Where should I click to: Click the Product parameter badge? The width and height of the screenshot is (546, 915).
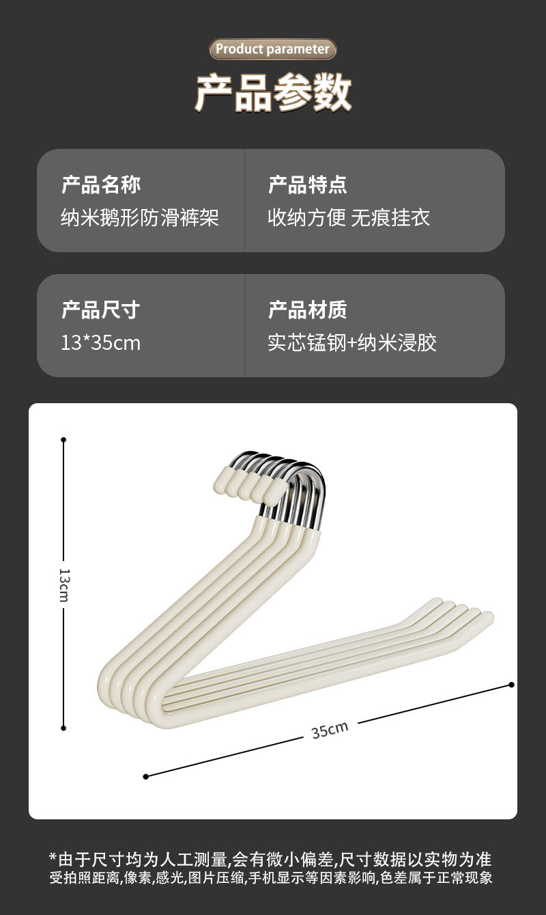(x=273, y=49)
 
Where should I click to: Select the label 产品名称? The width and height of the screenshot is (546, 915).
(x=101, y=185)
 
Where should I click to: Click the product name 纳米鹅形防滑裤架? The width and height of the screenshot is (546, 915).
(x=140, y=218)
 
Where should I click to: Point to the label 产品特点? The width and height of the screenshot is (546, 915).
(x=308, y=185)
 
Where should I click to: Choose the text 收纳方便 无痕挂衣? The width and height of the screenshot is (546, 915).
(x=349, y=218)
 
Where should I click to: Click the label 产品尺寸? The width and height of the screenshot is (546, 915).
(x=100, y=310)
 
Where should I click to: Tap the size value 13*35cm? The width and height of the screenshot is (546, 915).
(x=100, y=342)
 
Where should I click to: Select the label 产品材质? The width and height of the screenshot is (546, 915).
(x=308, y=310)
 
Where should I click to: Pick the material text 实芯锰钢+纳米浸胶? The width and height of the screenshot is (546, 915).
(x=352, y=342)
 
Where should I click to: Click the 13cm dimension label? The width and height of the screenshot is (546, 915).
(x=63, y=584)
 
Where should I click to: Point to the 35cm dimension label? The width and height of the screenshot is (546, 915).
(x=330, y=730)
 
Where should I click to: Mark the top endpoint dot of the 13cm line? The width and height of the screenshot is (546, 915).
(x=63, y=440)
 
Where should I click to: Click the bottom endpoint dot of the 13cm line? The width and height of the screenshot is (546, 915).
(x=63, y=728)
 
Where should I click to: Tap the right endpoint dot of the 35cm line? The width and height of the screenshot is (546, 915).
(x=512, y=684)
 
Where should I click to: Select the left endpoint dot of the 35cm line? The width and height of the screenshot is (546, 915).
(x=145, y=776)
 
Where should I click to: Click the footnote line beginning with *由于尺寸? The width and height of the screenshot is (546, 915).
(x=270, y=859)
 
